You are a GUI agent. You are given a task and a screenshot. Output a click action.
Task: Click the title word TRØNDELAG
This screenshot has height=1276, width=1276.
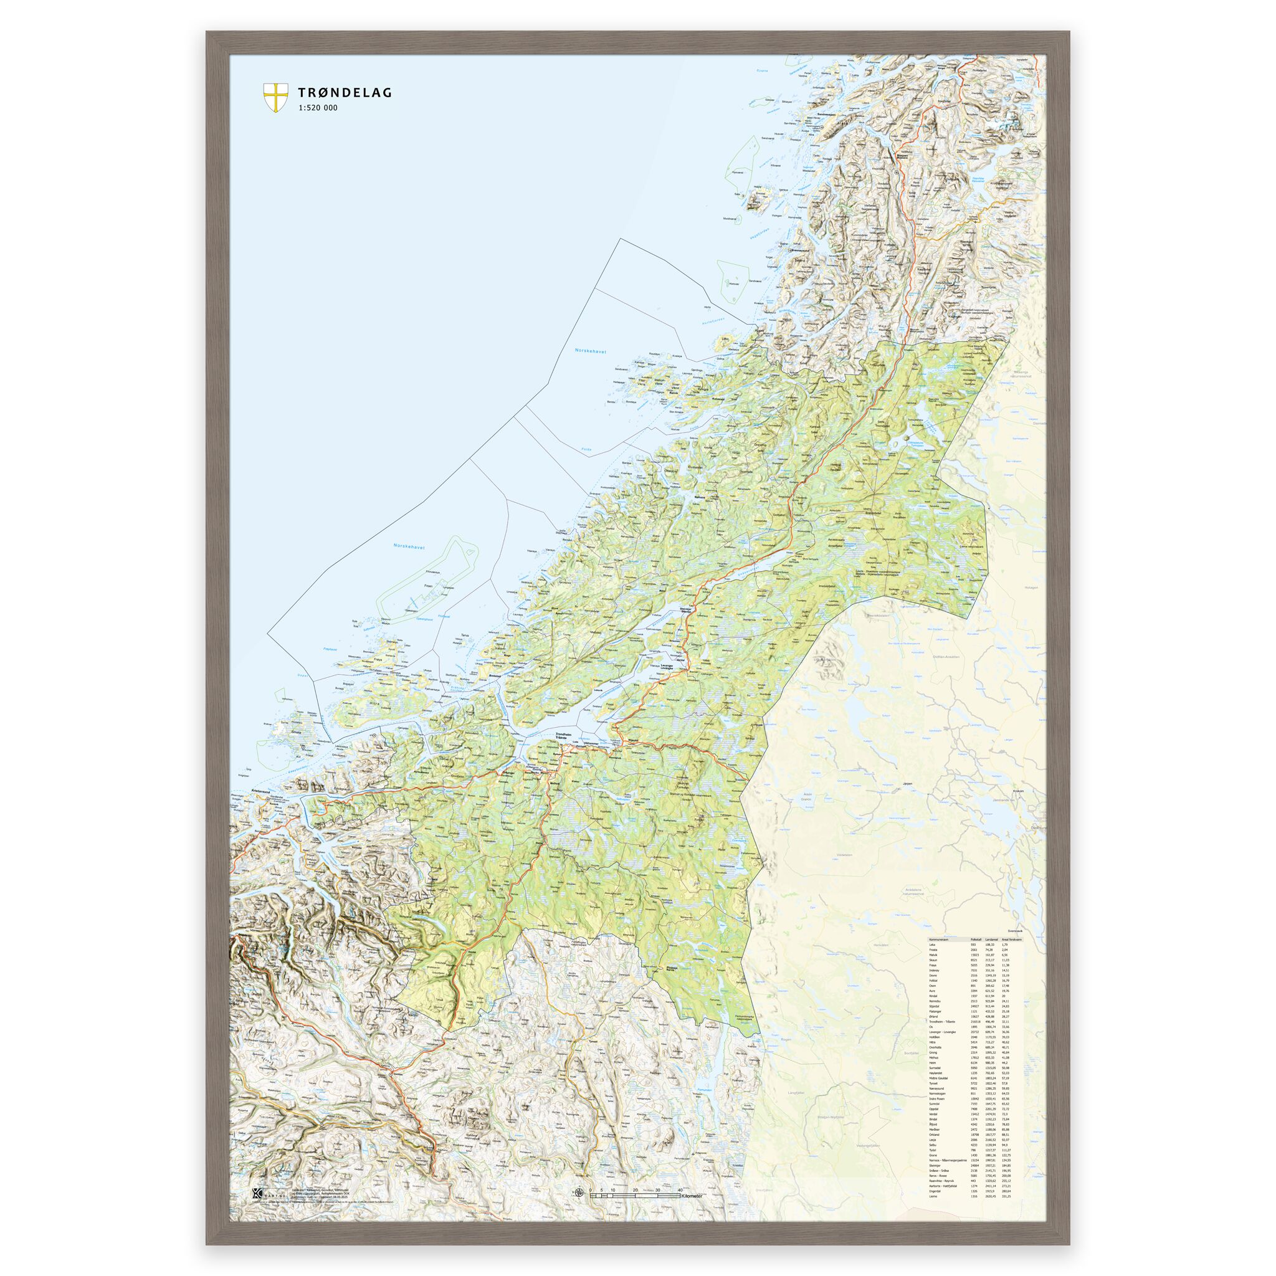[x=345, y=92]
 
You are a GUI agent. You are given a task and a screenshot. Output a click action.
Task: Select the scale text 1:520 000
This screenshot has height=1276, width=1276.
[x=318, y=108]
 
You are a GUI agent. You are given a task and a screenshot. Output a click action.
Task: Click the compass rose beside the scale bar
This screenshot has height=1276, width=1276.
[x=579, y=1193]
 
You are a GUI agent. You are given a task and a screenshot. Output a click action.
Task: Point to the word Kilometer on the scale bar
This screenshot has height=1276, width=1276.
[x=692, y=1196]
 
